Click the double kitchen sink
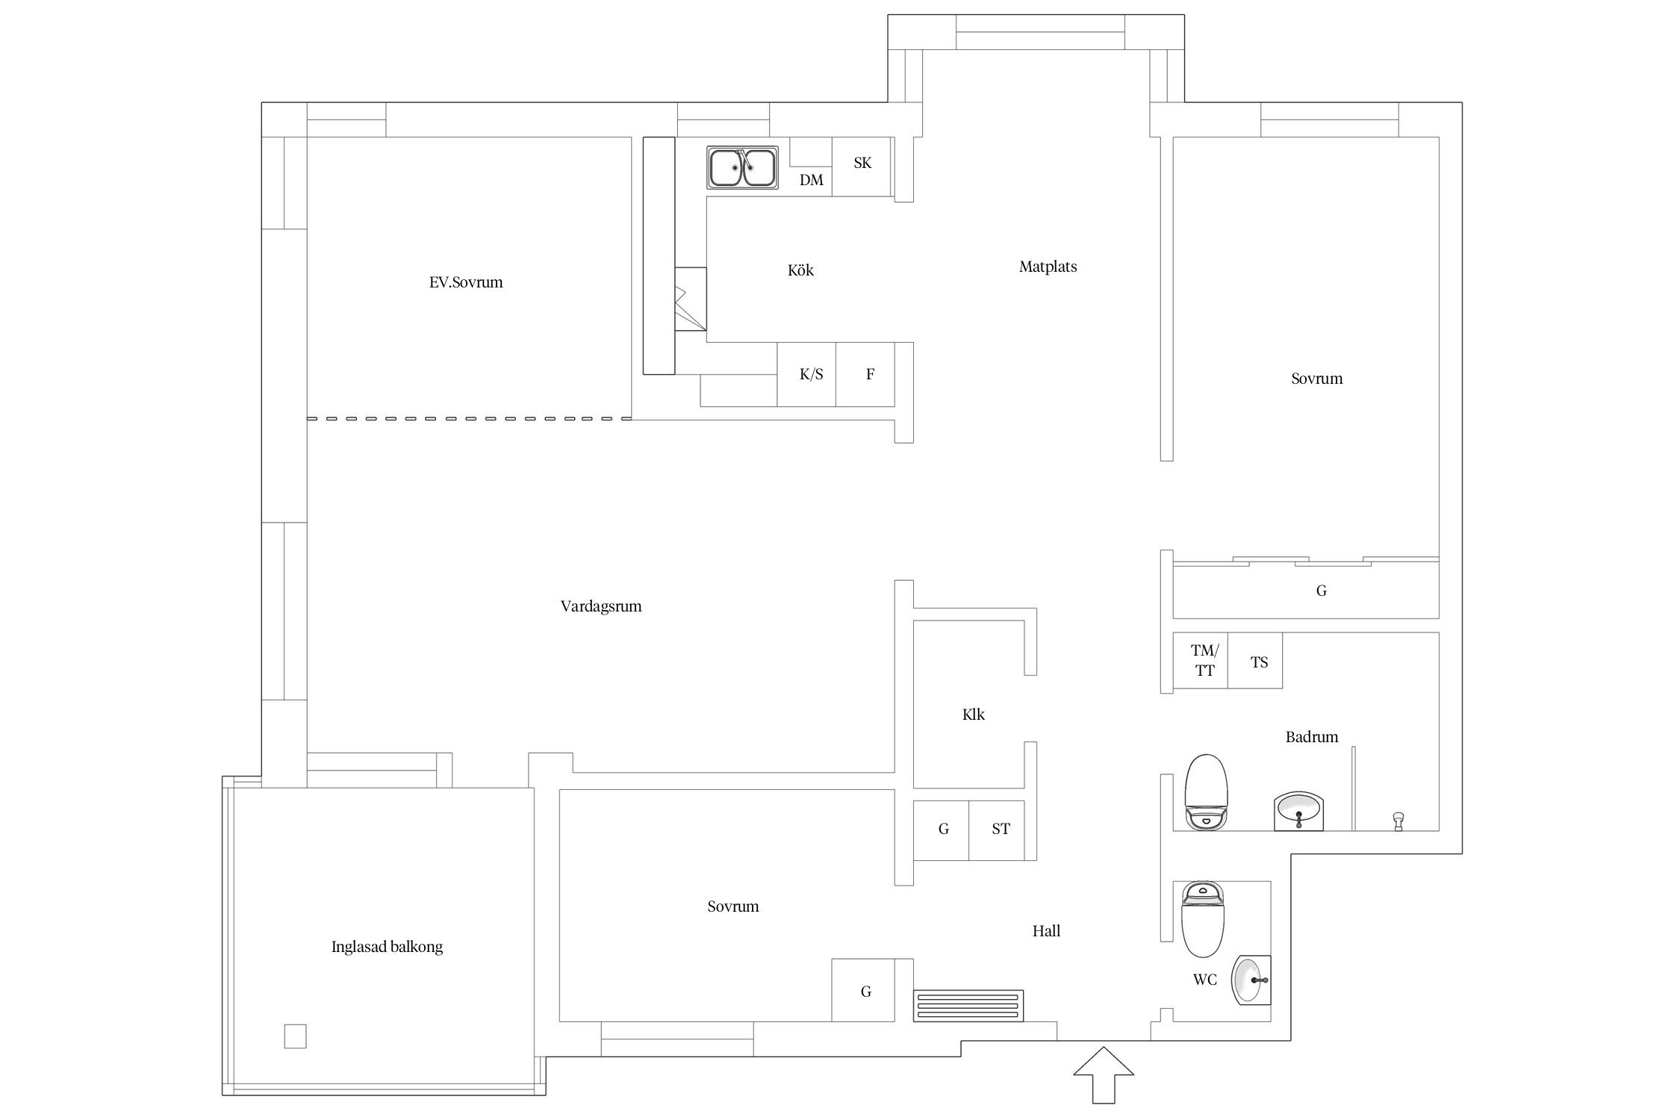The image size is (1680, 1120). [742, 167]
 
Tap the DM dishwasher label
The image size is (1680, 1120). [811, 180]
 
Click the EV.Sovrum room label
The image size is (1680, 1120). [466, 282]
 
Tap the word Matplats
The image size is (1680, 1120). [1048, 267]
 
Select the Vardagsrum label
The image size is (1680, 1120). [601, 606]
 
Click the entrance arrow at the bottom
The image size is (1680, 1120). [1103, 1074]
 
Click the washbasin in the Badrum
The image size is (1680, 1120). [1299, 811]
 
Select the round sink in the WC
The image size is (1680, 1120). [1251, 980]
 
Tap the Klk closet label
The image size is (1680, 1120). [973, 715]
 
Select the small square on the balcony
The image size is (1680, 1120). [295, 1036]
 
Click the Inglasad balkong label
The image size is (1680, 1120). [387, 947]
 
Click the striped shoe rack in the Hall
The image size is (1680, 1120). [968, 1005]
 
